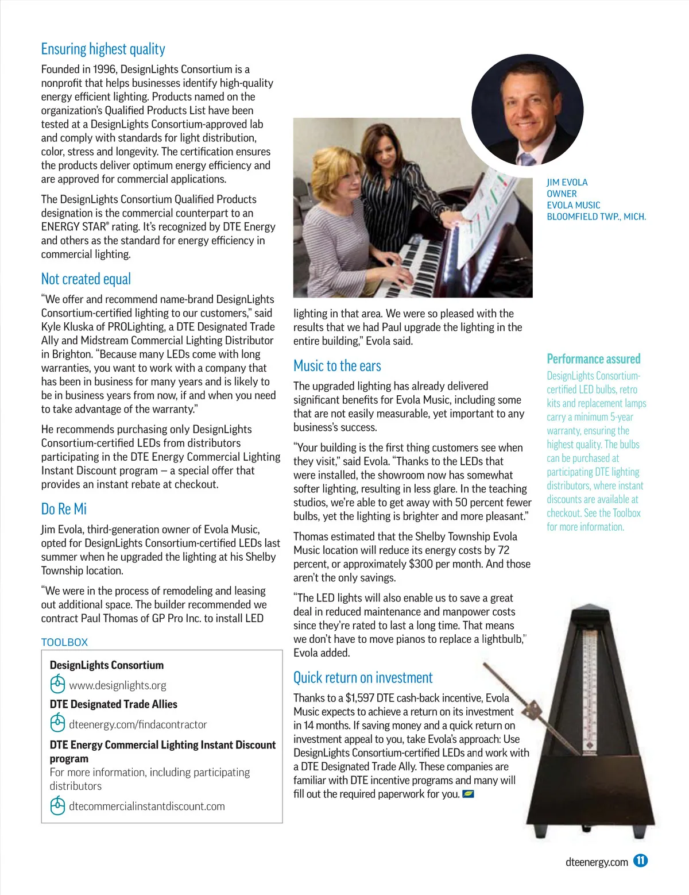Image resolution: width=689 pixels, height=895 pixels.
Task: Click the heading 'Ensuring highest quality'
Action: (x=103, y=49)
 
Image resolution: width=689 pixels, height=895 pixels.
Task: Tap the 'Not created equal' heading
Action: (x=86, y=279)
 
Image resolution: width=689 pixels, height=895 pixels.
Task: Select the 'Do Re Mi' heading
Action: (x=64, y=510)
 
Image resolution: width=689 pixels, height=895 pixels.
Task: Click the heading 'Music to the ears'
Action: (x=337, y=366)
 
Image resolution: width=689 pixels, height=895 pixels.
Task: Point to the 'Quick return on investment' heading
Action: (x=363, y=678)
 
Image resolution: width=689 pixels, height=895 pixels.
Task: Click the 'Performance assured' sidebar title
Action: (x=593, y=359)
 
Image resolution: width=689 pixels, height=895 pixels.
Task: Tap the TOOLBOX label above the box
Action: (x=64, y=642)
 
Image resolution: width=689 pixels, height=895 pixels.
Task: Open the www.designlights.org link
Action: (x=118, y=685)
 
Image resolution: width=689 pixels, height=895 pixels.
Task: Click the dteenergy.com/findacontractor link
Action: (x=138, y=724)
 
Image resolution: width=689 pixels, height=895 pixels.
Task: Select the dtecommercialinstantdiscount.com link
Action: (x=147, y=806)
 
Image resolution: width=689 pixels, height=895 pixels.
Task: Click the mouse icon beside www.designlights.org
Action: (x=57, y=685)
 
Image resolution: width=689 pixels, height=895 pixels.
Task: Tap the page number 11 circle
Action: (x=641, y=861)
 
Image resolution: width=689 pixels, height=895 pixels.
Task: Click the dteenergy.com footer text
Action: (x=597, y=862)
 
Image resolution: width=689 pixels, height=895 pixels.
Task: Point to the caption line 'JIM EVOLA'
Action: (x=567, y=182)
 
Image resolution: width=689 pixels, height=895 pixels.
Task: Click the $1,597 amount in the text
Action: (x=359, y=698)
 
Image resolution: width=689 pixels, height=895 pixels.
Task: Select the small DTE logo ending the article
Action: (x=468, y=794)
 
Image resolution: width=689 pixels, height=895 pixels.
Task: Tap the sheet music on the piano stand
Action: (x=482, y=213)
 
